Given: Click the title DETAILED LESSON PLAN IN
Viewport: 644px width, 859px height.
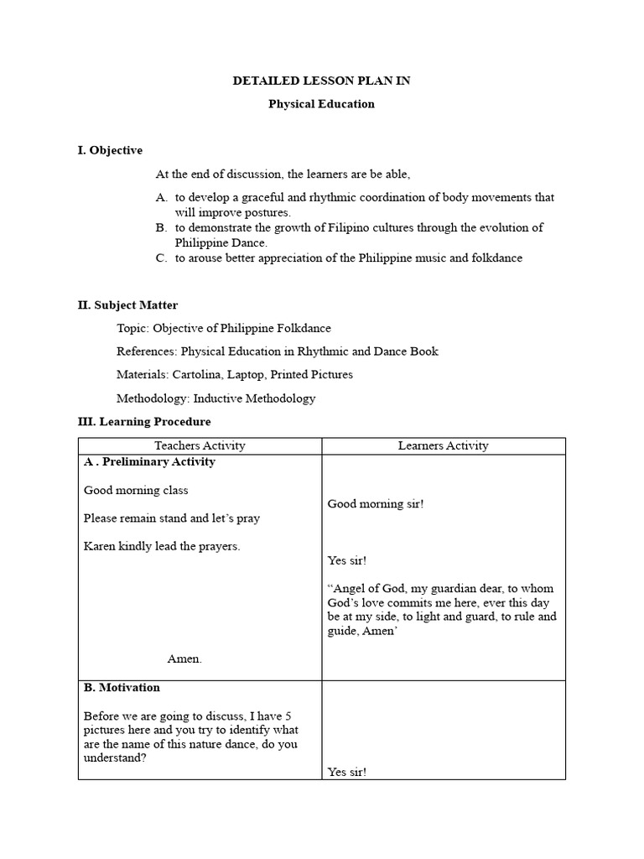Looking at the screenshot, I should point(321,81).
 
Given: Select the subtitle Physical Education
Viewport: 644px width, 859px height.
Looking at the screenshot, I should point(321,105).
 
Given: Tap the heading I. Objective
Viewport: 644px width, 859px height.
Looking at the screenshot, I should point(110,151).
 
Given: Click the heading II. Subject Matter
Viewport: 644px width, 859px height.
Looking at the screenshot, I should point(127,305).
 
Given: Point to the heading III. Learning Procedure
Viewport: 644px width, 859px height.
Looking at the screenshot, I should point(144,422).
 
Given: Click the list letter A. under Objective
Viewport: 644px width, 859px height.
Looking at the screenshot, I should point(162,198).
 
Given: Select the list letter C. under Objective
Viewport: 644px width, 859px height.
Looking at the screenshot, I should point(162,258).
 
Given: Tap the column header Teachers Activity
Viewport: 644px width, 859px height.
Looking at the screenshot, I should point(200,446).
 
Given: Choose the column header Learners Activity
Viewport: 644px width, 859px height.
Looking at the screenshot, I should point(443,446).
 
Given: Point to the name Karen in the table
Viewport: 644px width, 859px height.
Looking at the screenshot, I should point(99,546).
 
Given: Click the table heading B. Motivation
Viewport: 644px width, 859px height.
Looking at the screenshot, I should point(122,688).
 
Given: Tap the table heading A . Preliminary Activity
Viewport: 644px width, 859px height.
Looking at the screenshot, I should point(149,462).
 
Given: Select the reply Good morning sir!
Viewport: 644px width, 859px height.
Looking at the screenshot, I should point(376,504).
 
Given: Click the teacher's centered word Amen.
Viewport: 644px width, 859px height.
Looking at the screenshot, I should point(184,659).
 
